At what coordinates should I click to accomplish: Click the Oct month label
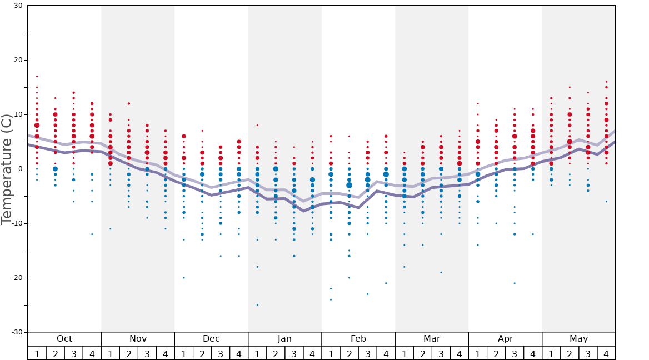(x=64, y=339)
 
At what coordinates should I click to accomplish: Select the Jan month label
(x=284, y=339)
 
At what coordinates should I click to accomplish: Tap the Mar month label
(x=432, y=339)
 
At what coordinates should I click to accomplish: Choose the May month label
(x=578, y=339)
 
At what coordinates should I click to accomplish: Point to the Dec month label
(x=211, y=339)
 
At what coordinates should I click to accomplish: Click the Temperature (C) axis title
(x=7, y=169)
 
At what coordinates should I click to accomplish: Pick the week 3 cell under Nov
(x=147, y=353)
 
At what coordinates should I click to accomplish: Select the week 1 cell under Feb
(x=331, y=353)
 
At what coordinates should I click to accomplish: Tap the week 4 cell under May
(x=606, y=353)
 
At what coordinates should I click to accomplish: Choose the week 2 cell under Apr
(x=496, y=353)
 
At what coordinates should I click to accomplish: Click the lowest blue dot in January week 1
(x=257, y=305)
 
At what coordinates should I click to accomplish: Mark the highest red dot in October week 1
(x=37, y=76)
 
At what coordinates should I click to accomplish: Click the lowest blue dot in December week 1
(x=184, y=278)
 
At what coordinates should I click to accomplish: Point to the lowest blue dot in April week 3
(x=515, y=283)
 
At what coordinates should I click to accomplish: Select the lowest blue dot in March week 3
(x=441, y=272)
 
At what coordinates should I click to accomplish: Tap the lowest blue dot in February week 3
(x=367, y=294)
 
